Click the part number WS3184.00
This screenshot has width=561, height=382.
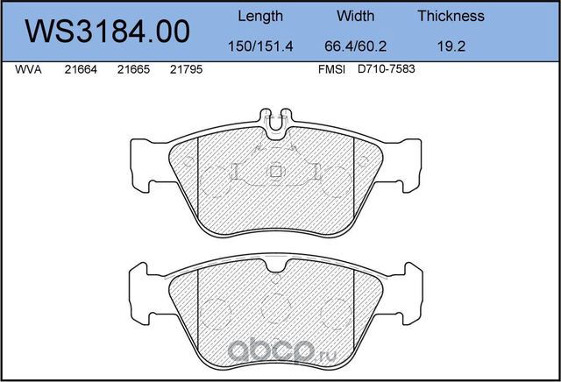click(107, 32)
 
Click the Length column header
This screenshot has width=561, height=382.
click(260, 17)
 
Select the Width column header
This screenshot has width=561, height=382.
click(355, 16)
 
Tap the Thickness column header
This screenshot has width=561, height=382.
click(451, 16)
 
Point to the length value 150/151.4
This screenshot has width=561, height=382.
click(260, 46)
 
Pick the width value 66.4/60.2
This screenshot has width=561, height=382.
click(355, 46)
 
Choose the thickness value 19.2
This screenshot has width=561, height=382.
click(451, 46)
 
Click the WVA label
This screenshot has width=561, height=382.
click(28, 69)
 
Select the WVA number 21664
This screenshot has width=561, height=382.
click(81, 69)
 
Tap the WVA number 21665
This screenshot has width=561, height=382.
click(133, 69)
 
